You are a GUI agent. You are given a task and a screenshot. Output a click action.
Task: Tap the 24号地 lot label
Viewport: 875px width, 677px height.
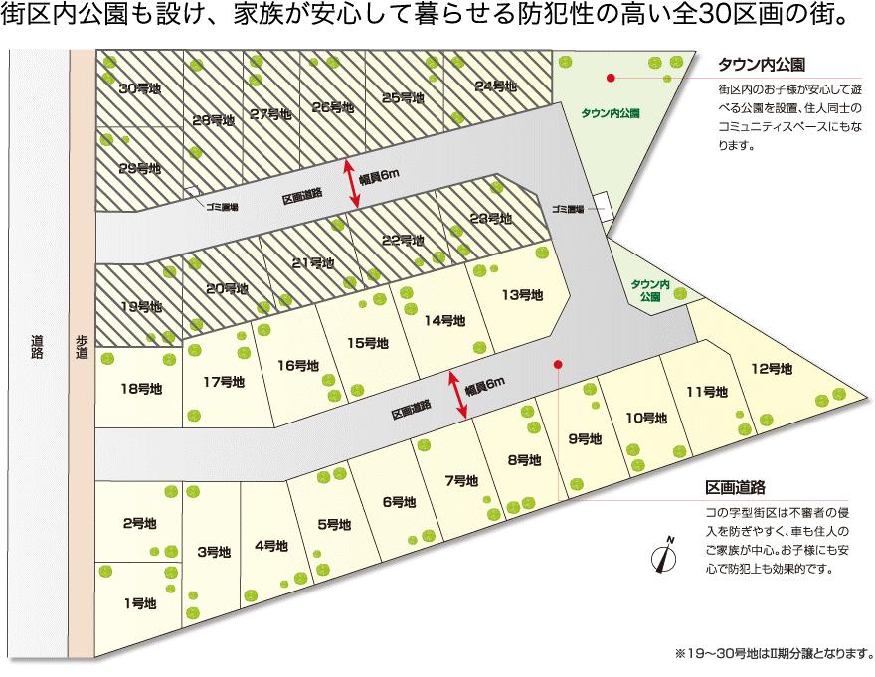tap(496, 86)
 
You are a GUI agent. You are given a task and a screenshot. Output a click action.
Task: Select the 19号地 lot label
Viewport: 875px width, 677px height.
tap(140, 306)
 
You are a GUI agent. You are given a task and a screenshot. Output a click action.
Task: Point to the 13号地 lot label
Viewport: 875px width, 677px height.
tap(523, 294)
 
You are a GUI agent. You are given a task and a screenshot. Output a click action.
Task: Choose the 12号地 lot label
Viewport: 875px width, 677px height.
tap(772, 368)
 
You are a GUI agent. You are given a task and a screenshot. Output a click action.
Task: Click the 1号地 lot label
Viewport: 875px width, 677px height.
tap(140, 602)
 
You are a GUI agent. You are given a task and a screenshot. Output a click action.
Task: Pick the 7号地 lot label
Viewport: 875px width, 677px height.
tap(461, 480)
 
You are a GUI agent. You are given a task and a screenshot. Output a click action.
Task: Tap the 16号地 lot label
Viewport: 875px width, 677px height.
tap(298, 365)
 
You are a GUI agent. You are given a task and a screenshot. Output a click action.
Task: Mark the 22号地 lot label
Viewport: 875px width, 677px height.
tap(403, 240)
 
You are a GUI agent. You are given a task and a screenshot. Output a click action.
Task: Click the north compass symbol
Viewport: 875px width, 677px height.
tap(664, 556)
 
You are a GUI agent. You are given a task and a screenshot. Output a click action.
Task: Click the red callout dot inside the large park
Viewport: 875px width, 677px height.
tap(612, 77)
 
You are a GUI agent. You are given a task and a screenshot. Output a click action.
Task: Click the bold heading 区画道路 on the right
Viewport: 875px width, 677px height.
tap(735, 488)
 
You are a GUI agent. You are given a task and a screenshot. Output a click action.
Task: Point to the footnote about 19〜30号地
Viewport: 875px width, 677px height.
tap(773, 654)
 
